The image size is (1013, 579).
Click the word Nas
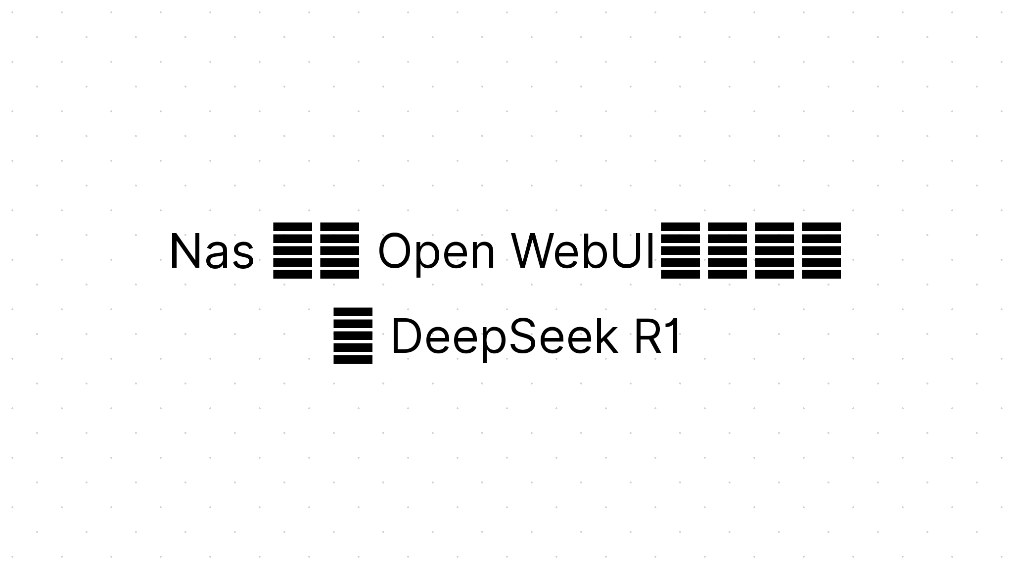(212, 251)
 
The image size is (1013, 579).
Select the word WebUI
(585, 251)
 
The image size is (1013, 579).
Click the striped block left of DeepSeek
(353, 336)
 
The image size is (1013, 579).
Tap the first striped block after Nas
(293, 250)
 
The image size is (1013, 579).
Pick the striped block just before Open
(340, 250)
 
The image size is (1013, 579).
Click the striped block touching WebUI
(681, 250)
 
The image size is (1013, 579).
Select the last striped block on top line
(821, 250)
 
